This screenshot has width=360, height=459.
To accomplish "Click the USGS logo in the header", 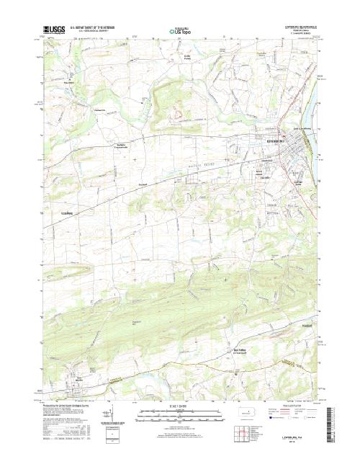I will (53, 30).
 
